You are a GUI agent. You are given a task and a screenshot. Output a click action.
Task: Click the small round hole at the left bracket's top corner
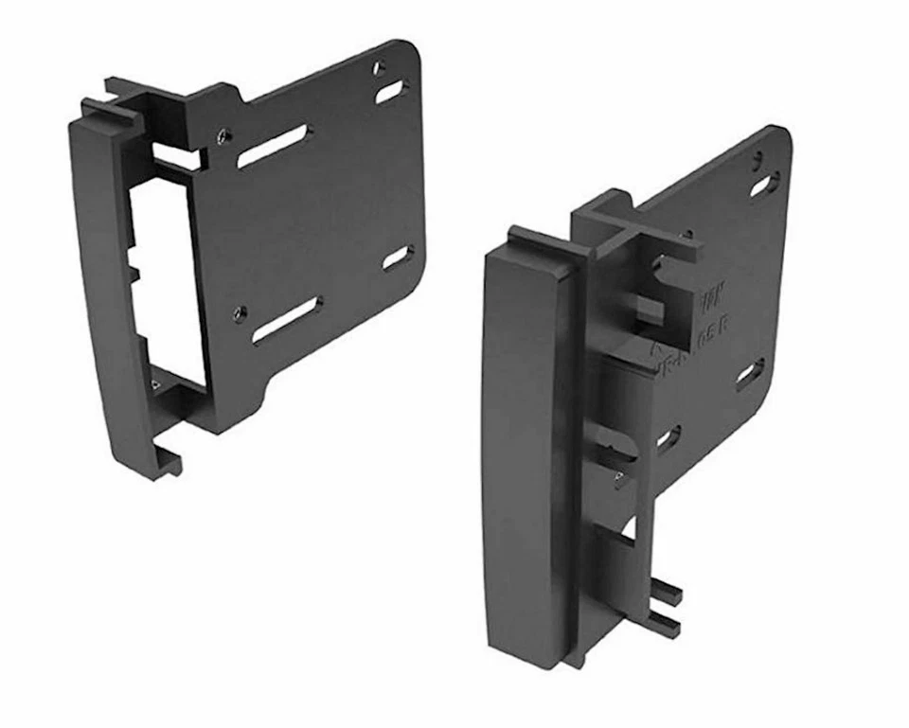[380, 68]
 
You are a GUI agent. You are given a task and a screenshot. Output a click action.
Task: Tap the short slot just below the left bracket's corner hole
[388, 93]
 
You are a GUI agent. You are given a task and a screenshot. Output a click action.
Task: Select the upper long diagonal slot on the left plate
[273, 147]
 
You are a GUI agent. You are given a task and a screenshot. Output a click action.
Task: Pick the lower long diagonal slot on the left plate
[287, 320]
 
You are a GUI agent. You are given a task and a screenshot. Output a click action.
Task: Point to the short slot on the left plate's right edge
[398, 257]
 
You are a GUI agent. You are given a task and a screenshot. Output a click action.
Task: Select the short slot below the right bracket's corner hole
[764, 185]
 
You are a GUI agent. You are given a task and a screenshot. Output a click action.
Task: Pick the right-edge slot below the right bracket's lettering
[750, 375]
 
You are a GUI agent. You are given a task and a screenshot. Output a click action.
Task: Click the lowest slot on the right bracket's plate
[668, 438]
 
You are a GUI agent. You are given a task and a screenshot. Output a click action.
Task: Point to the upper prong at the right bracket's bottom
[666, 594]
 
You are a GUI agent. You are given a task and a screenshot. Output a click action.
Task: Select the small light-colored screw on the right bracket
[620, 476]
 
